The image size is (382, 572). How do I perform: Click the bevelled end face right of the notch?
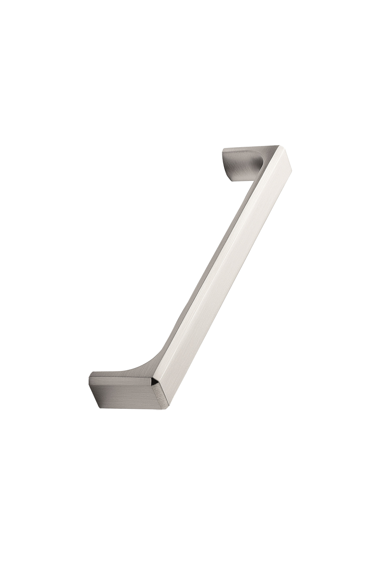(x=160, y=393)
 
